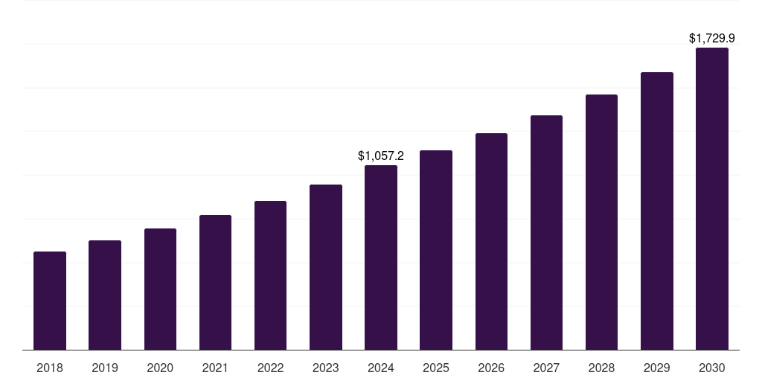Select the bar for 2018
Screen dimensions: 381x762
coord(50,301)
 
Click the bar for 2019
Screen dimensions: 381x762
coord(105,295)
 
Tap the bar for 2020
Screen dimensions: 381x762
coord(160,289)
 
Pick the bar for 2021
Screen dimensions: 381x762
coord(215,283)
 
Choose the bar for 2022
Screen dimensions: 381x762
coord(270,275)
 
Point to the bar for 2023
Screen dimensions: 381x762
coord(326,267)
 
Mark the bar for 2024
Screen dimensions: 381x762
coord(381,257)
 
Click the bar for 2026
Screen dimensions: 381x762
coord(491,242)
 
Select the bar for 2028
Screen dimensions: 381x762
coord(601,222)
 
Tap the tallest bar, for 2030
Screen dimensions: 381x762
coord(712,199)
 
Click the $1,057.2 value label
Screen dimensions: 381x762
coord(381,156)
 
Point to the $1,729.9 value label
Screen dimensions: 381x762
coord(712,38)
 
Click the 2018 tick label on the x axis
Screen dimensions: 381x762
coord(50,368)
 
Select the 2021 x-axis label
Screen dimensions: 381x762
coord(215,368)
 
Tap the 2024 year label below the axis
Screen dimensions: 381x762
coord(381,368)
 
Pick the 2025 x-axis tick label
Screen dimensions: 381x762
coord(436,368)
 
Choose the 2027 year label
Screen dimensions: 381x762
coord(546,368)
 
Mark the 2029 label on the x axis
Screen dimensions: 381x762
coord(656,368)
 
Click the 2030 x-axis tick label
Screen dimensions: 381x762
coord(712,368)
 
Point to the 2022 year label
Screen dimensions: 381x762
coord(270,368)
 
